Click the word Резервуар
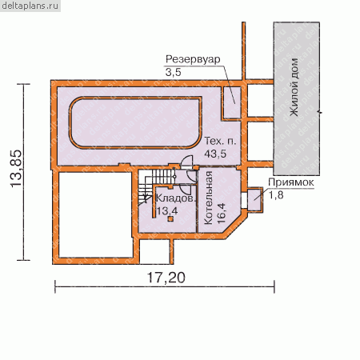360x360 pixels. point(193,59)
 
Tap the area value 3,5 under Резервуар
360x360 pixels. point(173,72)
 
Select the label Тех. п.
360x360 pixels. point(220,141)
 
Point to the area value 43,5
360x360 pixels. point(215,154)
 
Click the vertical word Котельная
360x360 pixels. point(208,198)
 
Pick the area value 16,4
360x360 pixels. point(222,214)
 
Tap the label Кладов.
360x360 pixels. point(176,198)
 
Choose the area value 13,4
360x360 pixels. point(167,211)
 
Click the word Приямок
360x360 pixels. point(291,182)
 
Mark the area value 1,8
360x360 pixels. point(276,195)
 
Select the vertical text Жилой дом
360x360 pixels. point(294,87)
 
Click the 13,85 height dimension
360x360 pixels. point(16,169)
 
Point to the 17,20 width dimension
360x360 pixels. point(166,278)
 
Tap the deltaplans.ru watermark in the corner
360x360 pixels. point(30,6)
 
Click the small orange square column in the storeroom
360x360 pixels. point(170,219)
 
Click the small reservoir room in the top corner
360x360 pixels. point(232,102)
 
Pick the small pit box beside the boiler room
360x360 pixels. point(254,200)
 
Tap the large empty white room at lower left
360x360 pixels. point(95,215)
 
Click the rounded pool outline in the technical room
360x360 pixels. point(135,98)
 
